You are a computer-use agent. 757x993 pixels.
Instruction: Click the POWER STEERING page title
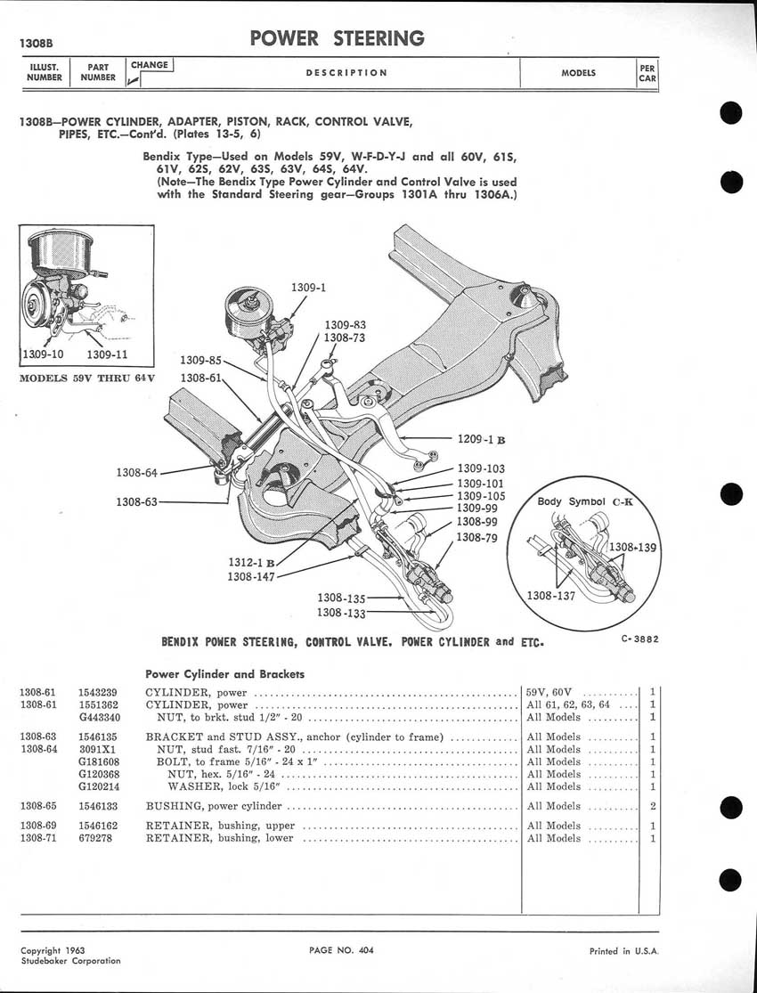(337, 38)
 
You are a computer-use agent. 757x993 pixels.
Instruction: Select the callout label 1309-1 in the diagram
(309, 288)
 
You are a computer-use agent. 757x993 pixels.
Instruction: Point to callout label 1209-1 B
(481, 439)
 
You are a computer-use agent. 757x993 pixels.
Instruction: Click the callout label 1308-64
(137, 472)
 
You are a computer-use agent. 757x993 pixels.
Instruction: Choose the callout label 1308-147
(250, 576)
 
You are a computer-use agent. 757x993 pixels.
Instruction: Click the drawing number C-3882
(640, 639)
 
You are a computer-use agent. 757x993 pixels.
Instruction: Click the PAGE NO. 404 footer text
(341, 950)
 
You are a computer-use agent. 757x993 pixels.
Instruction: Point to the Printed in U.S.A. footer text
(623, 951)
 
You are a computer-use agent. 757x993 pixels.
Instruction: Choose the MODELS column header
(578, 73)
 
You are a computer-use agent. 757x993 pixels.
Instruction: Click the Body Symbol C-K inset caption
(584, 501)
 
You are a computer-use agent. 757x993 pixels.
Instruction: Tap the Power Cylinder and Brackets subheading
(224, 673)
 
